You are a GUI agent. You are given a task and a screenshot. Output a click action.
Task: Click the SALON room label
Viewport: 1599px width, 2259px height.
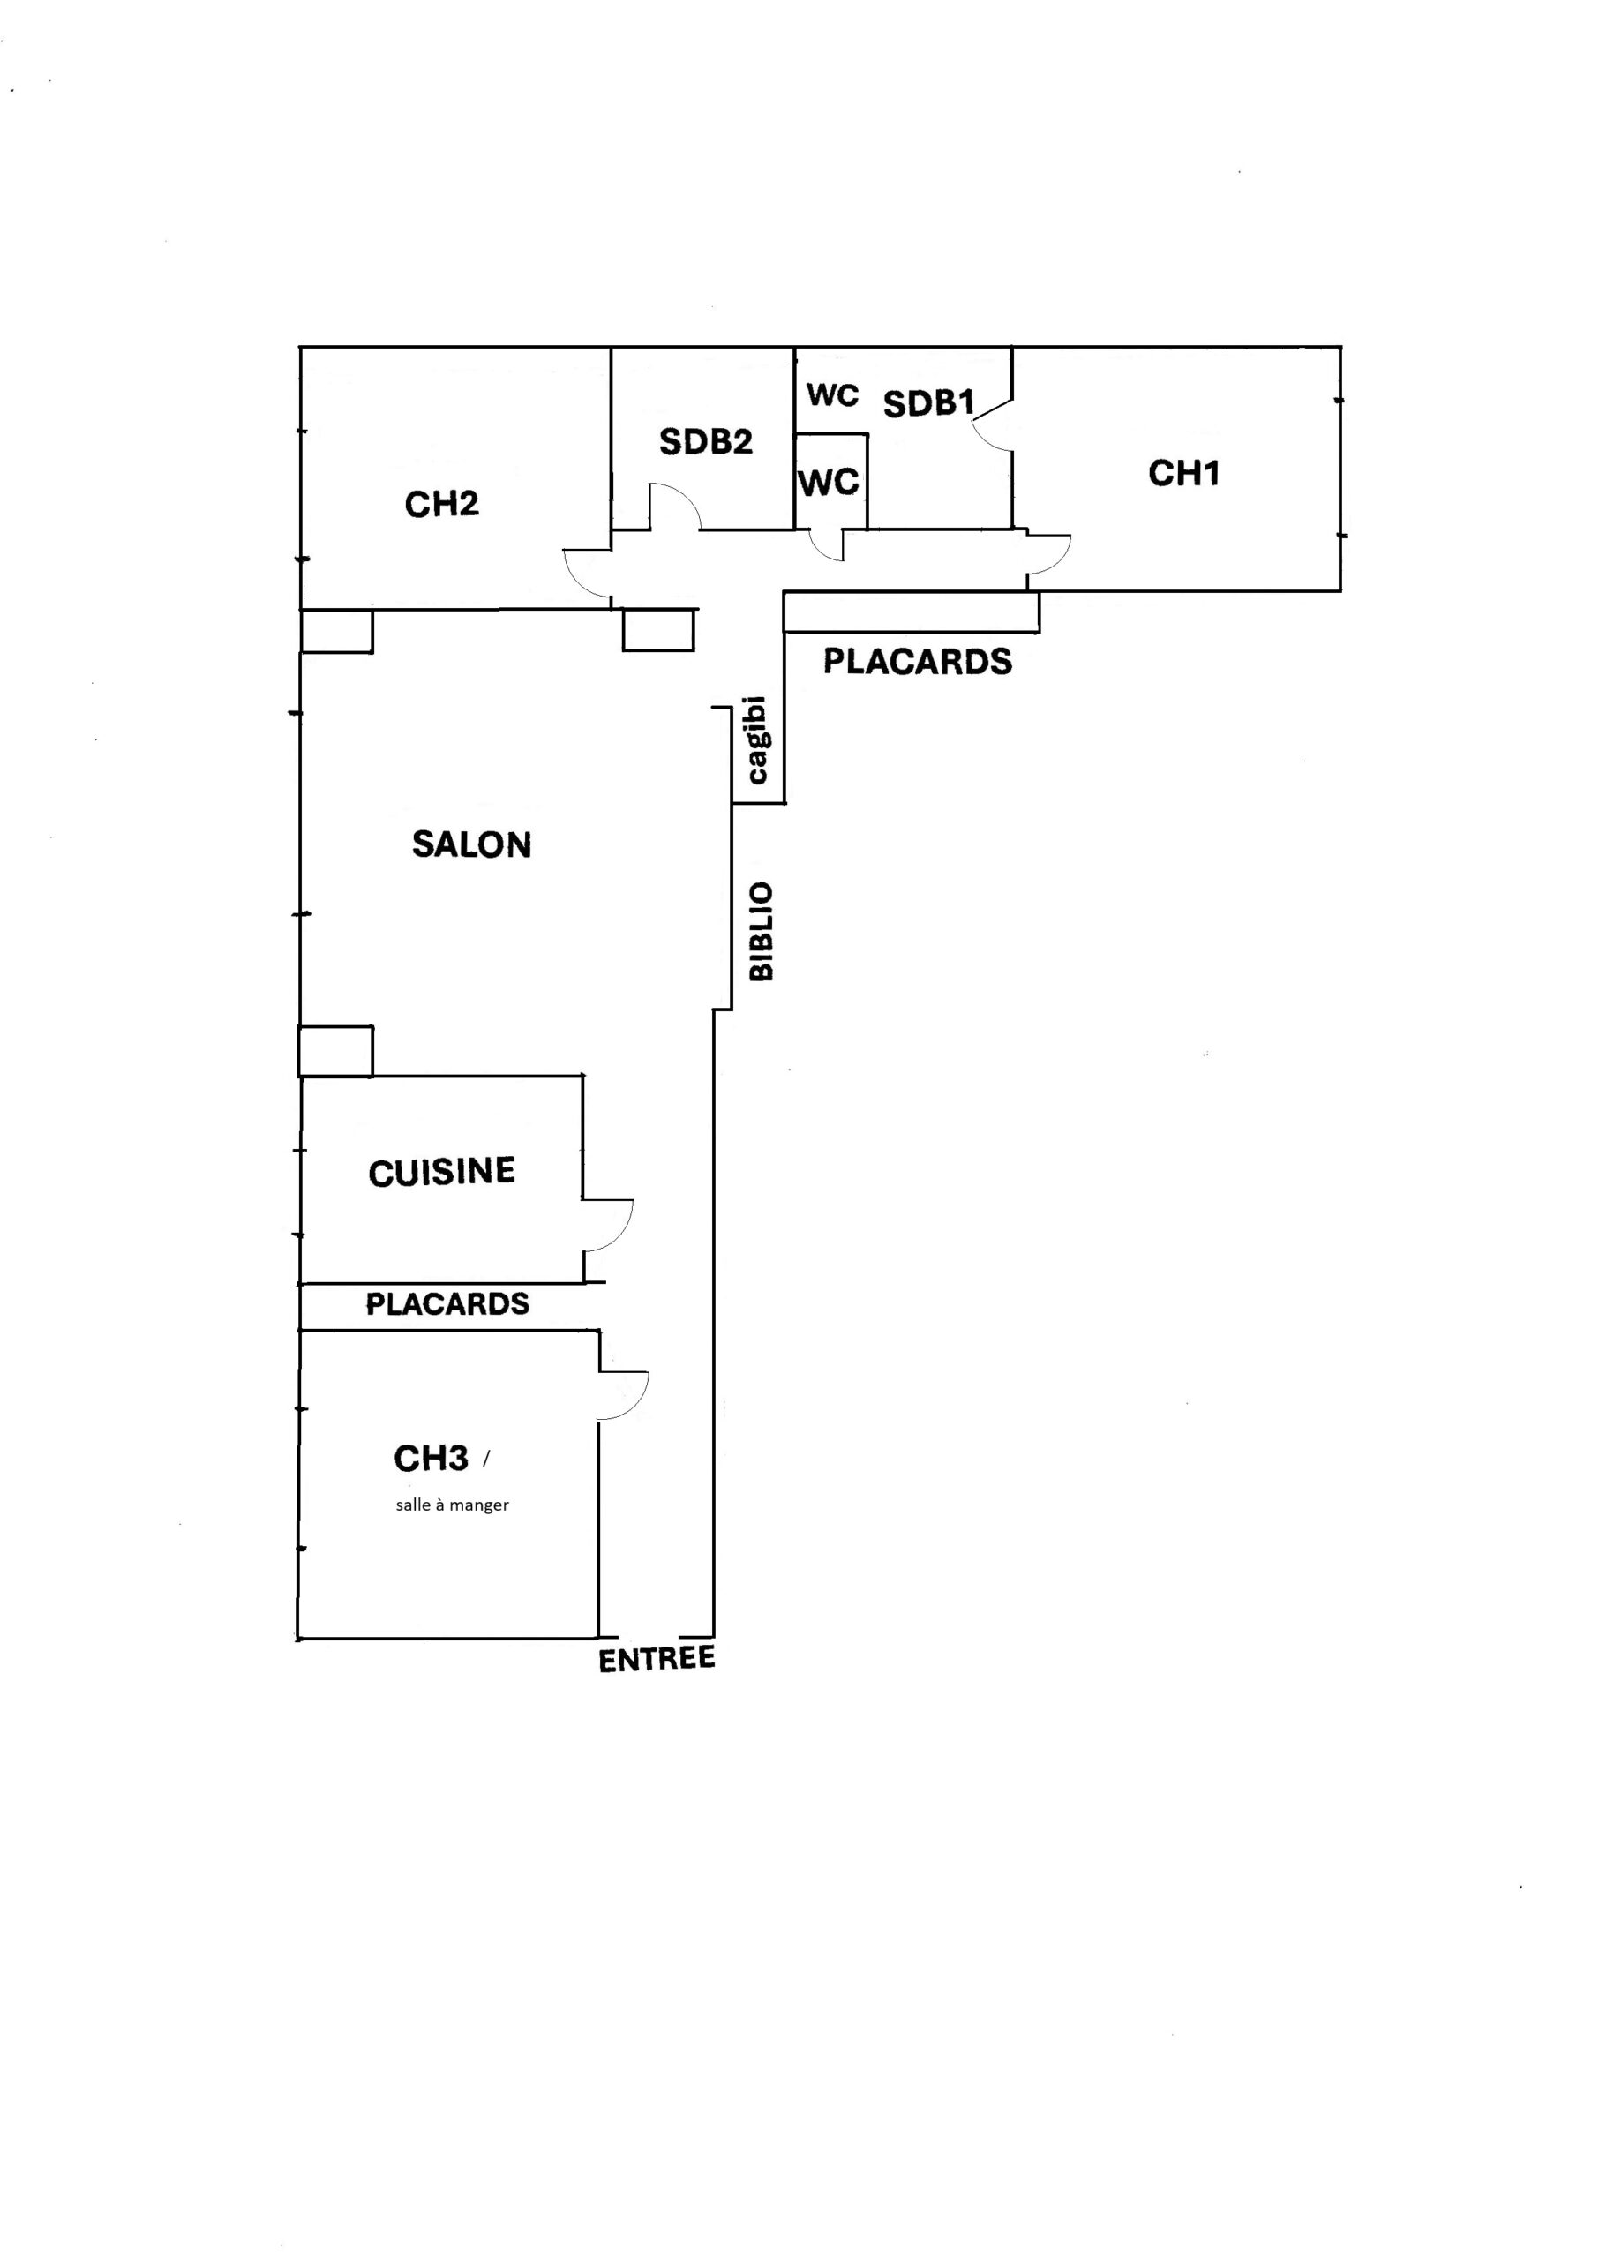point(471,844)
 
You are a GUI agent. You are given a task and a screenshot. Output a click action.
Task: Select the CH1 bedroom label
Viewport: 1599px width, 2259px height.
point(1183,474)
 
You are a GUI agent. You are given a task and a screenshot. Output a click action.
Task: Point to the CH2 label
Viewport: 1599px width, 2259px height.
point(441,504)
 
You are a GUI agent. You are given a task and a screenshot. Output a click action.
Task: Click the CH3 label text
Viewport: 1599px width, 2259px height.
point(432,1458)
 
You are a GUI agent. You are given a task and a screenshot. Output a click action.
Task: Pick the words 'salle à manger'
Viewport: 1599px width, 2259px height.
point(452,1505)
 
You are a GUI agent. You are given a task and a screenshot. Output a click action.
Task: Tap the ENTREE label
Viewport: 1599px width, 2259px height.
point(657,1660)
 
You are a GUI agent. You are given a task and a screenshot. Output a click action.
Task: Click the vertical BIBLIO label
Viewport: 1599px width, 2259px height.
point(761,931)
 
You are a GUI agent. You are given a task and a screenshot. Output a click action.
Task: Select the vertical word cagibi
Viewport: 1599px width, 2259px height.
point(756,740)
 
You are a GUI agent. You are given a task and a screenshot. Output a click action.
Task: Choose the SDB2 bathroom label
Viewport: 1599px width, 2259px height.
point(706,442)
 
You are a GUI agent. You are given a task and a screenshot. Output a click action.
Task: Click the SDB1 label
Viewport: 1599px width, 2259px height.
point(928,402)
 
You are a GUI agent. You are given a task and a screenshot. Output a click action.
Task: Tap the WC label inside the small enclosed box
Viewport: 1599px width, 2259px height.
point(829,483)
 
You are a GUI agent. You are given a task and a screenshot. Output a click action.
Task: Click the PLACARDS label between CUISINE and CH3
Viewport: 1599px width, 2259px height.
point(447,1304)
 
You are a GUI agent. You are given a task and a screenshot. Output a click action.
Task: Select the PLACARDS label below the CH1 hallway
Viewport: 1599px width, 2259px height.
point(918,662)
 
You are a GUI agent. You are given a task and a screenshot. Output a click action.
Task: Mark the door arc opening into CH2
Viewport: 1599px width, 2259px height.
point(577,581)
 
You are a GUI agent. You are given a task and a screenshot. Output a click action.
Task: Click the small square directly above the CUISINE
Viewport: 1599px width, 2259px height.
point(335,1051)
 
